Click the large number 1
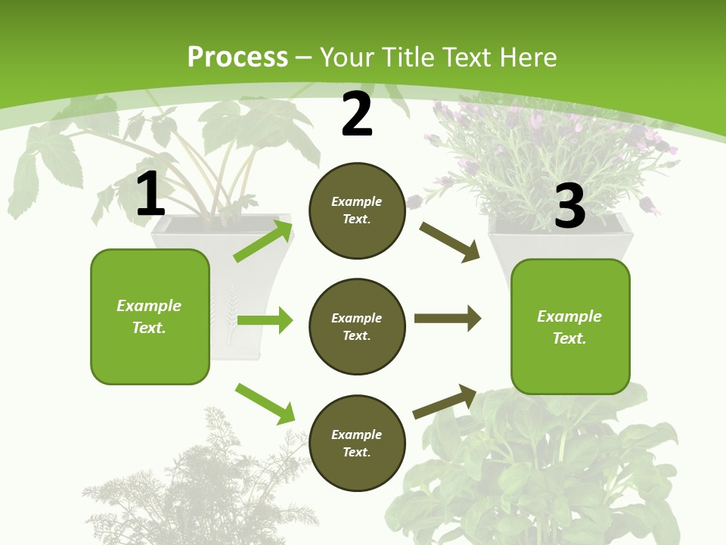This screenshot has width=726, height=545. (x=150, y=195)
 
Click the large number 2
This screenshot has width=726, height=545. (x=357, y=114)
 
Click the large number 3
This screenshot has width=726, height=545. (x=569, y=206)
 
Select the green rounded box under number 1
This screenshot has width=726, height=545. (x=150, y=316)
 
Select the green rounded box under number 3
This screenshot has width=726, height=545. (x=570, y=327)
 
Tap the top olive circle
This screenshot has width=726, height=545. (x=357, y=210)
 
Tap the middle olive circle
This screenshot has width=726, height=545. (x=357, y=327)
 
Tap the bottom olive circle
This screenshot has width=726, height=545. (x=357, y=444)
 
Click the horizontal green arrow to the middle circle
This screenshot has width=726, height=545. (x=265, y=320)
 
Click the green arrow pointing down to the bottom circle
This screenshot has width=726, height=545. (x=265, y=403)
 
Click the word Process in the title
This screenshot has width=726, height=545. (x=237, y=58)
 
